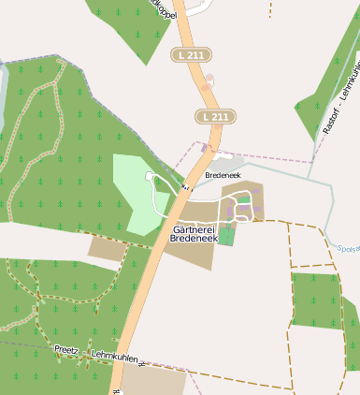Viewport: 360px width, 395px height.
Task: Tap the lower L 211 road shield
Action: click(x=214, y=116)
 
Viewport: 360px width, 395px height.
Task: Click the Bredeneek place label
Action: click(x=223, y=176)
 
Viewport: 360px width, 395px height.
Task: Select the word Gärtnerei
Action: click(x=194, y=228)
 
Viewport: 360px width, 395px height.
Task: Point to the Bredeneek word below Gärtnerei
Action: click(x=194, y=240)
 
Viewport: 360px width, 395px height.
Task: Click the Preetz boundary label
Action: click(x=66, y=349)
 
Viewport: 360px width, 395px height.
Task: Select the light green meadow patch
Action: click(x=134, y=187)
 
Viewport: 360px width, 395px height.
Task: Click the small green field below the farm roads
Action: click(x=226, y=235)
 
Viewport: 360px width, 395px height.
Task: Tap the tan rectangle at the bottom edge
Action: click(x=154, y=380)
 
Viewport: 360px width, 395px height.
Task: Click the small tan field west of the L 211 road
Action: click(x=105, y=249)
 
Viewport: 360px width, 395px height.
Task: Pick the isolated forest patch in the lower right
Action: click(x=316, y=300)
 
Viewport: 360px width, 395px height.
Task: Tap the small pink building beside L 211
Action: click(x=209, y=80)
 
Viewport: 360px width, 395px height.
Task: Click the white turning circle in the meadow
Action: click(x=149, y=175)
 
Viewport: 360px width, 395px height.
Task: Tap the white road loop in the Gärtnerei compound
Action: click(x=242, y=207)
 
